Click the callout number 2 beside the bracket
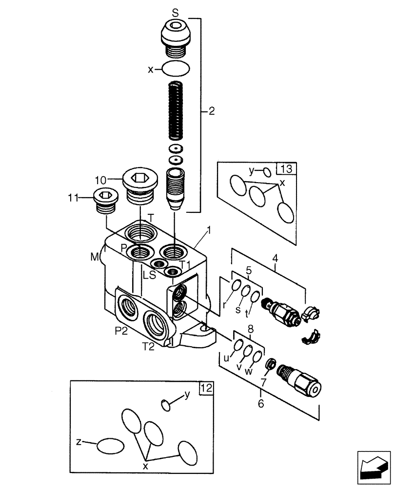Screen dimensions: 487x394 click(211, 111)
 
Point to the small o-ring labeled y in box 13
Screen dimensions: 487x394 click(267, 172)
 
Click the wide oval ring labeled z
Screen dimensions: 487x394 click(110, 445)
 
